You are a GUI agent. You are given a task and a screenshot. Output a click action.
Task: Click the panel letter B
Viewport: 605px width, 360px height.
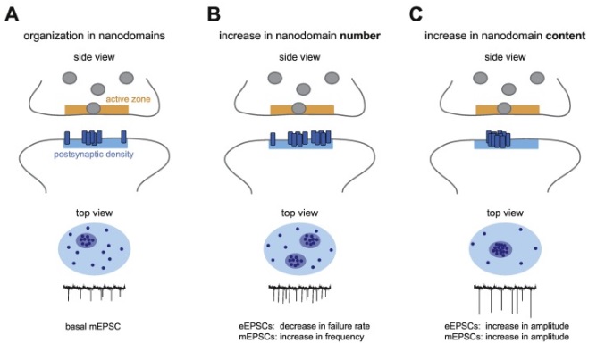(x=213, y=13)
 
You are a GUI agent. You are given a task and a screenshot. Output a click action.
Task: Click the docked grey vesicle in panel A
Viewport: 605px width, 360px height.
(x=95, y=108)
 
